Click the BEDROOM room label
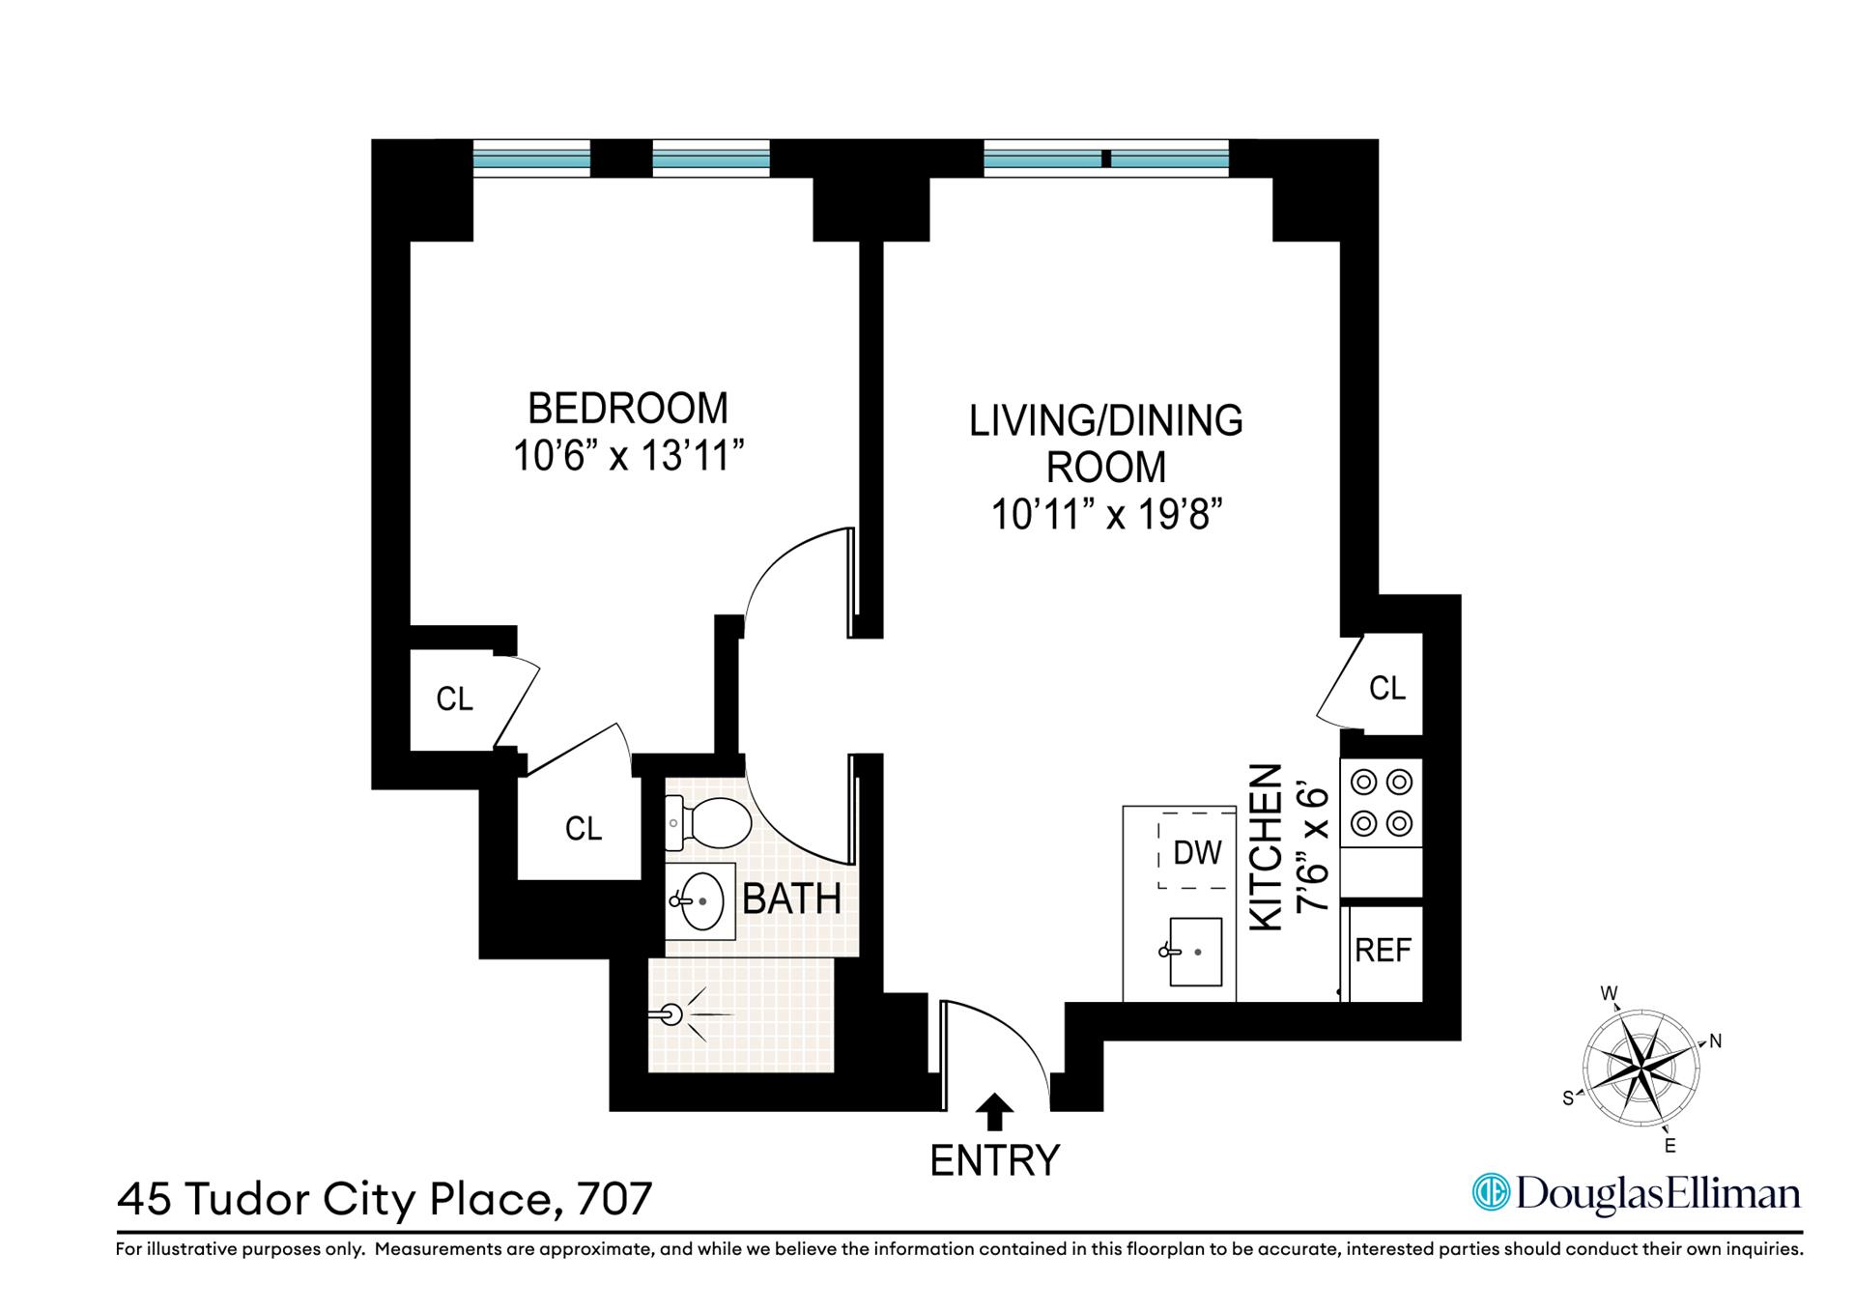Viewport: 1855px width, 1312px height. [x=627, y=409]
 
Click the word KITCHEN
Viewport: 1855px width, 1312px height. [x=1266, y=847]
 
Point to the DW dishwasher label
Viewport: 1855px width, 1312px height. [x=1197, y=852]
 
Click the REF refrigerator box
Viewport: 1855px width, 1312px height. [x=1384, y=952]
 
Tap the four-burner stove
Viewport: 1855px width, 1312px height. [x=1381, y=803]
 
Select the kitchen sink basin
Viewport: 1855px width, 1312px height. [x=1196, y=952]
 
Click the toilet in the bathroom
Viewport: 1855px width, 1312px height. [x=710, y=822]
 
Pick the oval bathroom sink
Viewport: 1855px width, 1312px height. [x=701, y=901]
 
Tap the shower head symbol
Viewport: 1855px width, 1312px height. [x=674, y=1014]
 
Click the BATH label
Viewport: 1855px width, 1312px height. [x=791, y=899]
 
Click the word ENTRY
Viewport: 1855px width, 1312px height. [x=994, y=1160]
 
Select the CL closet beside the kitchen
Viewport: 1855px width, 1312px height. [x=1387, y=688]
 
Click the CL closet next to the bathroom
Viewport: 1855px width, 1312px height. [x=583, y=829]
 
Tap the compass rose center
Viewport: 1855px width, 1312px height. [x=1641, y=1070]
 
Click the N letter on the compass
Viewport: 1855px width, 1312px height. [x=1716, y=1041]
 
